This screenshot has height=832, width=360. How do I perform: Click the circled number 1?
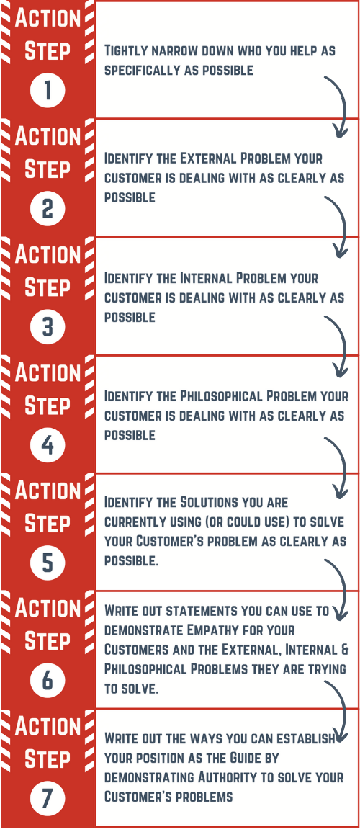click(48, 90)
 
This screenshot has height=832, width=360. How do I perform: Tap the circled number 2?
click(48, 208)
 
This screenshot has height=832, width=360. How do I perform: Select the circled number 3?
click(48, 327)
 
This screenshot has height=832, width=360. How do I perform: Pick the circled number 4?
click(48, 444)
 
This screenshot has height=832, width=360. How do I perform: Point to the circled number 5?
click(48, 563)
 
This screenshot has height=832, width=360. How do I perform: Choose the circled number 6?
click(48, 681)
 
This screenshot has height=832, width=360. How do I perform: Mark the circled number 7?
click(48, 799)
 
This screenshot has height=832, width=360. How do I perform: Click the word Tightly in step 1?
click(125, 51)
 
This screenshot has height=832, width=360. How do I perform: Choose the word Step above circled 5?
click(48, 524)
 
